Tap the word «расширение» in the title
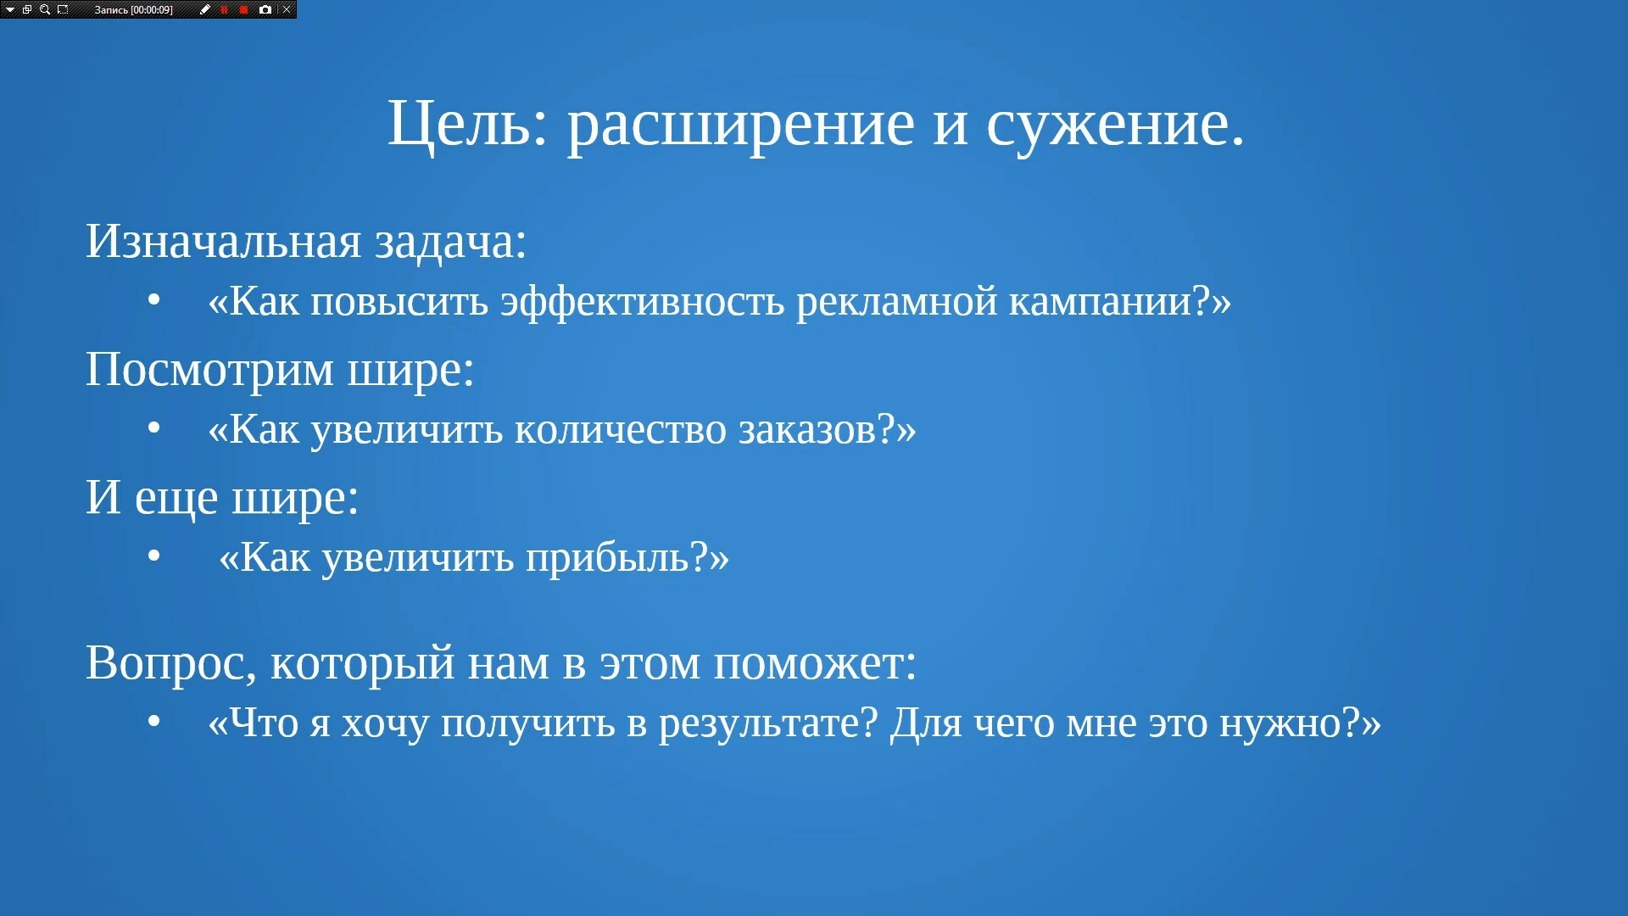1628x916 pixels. (x=740, y=127)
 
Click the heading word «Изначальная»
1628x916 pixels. (x=224, y=241)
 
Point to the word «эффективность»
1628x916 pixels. (x=642, y=302)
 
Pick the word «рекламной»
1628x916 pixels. (x=896, y=303)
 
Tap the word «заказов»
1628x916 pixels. (x=806, y=430)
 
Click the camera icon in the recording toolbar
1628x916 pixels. (x=265, y=9)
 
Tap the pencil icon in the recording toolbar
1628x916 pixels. (x=205, y=9)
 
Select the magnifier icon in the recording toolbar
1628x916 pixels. (x=45, y=9)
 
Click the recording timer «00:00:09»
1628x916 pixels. (x=152, y=10)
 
